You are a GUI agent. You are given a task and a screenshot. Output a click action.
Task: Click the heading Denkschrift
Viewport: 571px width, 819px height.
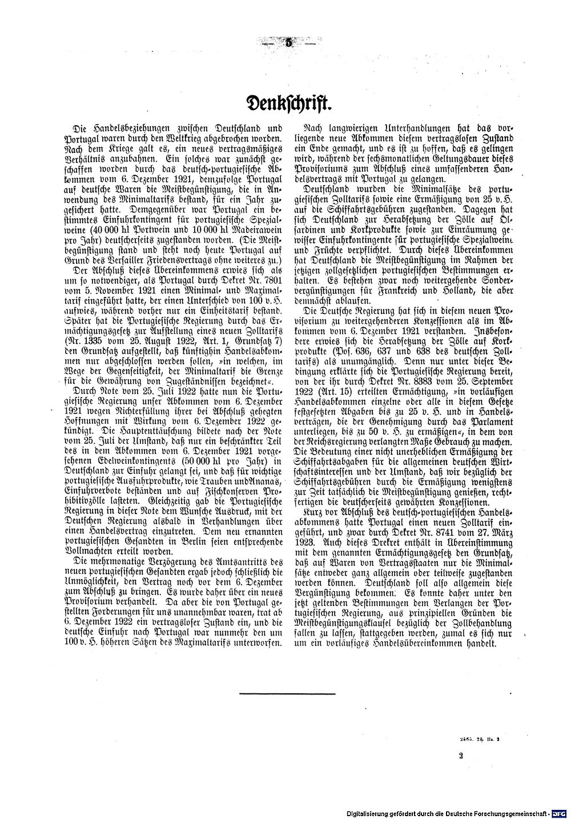click(285, 105)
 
